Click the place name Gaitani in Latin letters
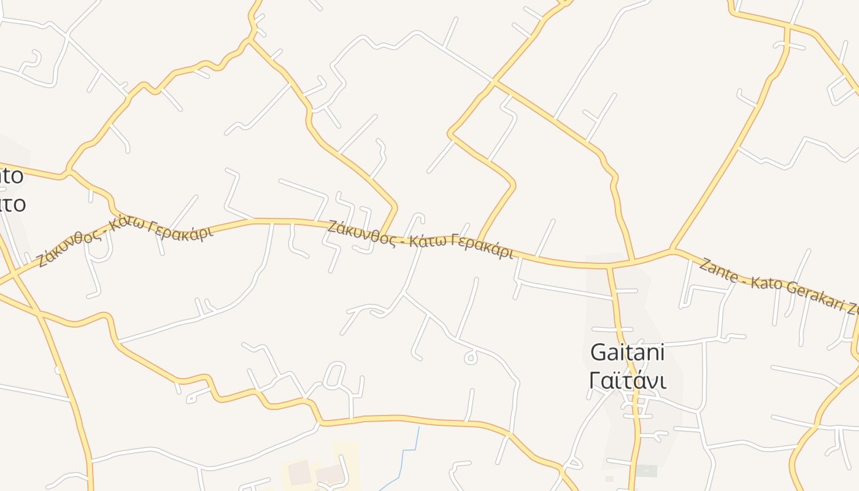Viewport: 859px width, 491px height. tap(627, 352)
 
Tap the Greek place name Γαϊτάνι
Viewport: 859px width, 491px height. tap(627, 381)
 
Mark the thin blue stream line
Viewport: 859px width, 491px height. tap(405, 454)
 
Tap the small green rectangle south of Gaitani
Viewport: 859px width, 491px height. tap(645, 471)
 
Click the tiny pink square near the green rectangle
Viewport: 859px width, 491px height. tap(609, 478)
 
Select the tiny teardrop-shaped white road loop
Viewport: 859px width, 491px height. tap(471, 357)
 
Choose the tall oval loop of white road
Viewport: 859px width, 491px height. tap(335, 374)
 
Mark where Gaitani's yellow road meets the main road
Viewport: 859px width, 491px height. tap(609, 267)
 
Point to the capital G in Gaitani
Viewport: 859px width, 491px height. tap(598, 353)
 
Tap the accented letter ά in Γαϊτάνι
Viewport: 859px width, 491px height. tap(638, 381)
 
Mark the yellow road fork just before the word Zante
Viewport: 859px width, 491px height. tap(673, 250)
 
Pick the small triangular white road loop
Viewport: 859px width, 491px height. tap(574, 463)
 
